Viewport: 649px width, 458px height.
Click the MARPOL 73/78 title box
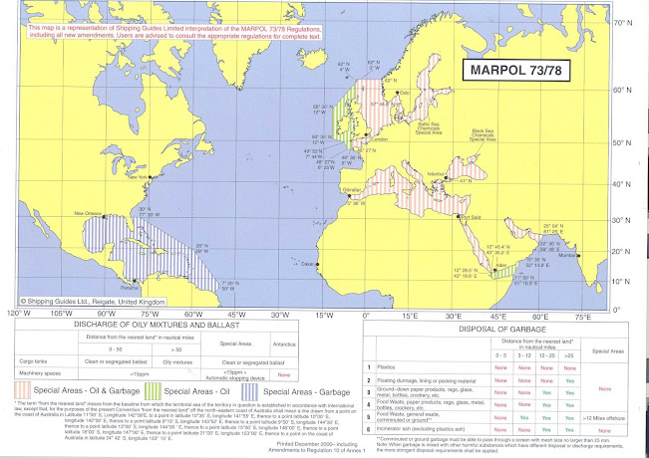click(x=513, y=72)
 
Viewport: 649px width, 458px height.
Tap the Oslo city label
click(x=404, y=93)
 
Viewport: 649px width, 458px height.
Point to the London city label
click(x=379, y=139)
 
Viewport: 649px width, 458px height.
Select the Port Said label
click(x=470, y=216)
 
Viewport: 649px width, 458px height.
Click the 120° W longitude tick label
click(x=14, y=314)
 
